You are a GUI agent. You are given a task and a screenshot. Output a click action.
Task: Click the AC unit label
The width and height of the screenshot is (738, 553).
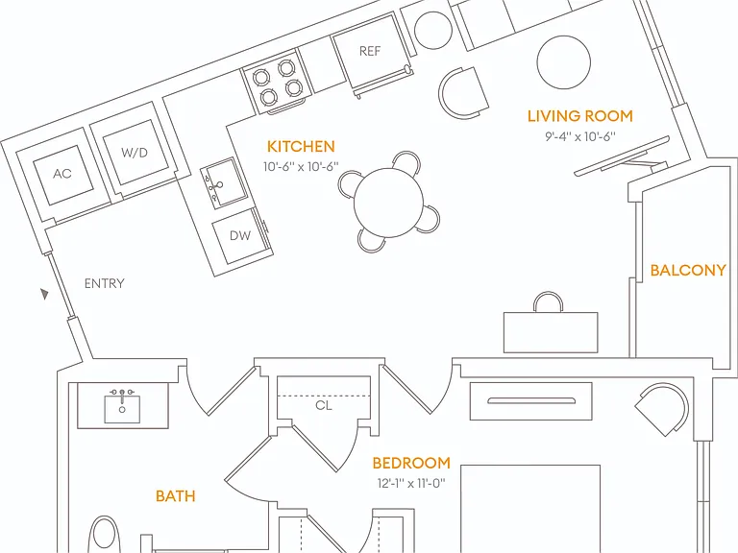point(62,174)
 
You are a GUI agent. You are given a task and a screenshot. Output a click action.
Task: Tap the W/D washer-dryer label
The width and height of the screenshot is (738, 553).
point(135,153)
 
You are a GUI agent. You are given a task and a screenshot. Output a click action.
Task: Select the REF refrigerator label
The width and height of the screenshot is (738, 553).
point(370,51)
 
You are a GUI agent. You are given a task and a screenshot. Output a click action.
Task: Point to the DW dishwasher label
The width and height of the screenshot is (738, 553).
point(240,235)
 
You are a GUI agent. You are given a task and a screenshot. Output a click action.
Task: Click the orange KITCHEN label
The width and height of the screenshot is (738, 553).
point(301,146)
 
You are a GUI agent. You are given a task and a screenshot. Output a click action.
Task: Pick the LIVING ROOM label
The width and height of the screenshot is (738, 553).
point(579,115)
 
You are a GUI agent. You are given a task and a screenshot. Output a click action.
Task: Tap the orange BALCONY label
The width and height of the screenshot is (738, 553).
point(688,270)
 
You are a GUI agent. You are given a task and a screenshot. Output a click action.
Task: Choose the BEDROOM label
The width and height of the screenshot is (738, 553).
point(411,463)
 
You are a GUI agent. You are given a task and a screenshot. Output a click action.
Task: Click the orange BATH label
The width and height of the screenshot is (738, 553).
point(175,495)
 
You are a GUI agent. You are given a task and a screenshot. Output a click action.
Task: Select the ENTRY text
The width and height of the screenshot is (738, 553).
point(105,283)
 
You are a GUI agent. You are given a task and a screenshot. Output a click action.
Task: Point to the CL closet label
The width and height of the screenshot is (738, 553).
point(324,405)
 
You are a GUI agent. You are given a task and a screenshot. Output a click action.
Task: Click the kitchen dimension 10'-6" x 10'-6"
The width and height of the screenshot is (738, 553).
point(301,166)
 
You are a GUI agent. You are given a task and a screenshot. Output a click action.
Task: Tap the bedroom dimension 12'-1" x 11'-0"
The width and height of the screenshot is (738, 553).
point(411,483)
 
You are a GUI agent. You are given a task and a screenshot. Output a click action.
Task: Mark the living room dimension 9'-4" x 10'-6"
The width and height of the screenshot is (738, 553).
point(580,136)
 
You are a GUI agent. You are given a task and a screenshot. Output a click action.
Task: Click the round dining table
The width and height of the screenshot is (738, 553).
point(389,203)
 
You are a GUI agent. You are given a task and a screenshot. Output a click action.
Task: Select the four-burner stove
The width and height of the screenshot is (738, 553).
point(277,83)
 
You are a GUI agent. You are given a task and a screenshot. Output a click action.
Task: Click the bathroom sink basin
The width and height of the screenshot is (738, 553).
point(122,409)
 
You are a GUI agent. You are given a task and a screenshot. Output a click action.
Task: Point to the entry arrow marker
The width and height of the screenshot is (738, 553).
point(44,294)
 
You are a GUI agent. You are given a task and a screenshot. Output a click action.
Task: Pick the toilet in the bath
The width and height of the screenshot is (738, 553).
point(105,535)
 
